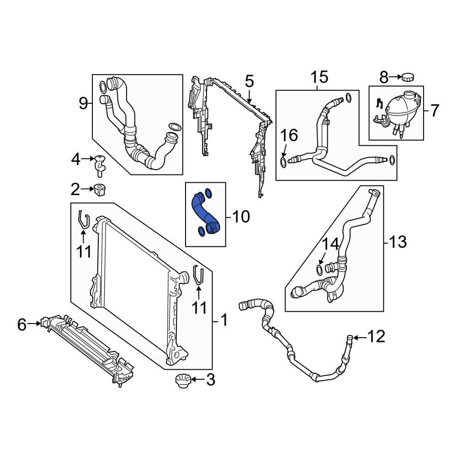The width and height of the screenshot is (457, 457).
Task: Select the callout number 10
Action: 239,217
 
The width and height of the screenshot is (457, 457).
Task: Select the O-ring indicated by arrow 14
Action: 320,268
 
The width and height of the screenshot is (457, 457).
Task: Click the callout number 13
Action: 396,241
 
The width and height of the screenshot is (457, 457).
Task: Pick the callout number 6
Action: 22,324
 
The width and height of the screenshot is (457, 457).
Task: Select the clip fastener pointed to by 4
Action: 100,165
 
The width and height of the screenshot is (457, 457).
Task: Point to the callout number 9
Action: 83,104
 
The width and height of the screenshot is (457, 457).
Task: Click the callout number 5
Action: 249,82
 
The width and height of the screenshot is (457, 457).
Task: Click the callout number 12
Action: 377,337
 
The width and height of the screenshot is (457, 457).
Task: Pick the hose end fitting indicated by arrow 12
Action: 349,339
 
